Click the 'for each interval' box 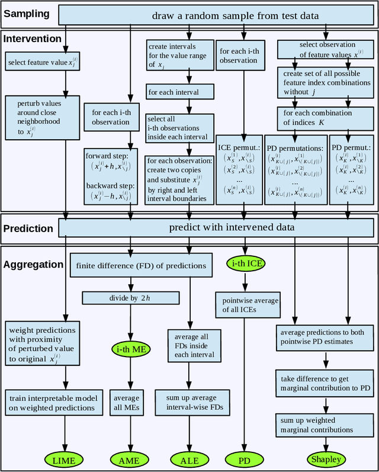pos(174,92)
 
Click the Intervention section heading pos(33,39)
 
